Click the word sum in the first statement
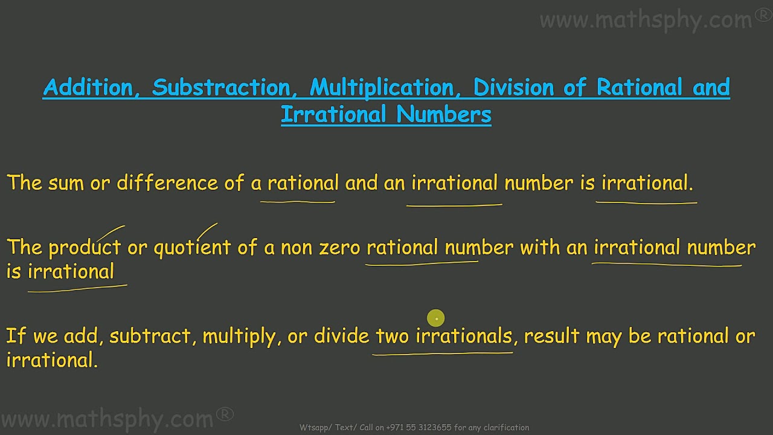coord(66,183)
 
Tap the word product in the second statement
coord(85,248)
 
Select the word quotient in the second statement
coord(192,248)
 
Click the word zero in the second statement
coord(339,248)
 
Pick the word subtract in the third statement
coord(150,336)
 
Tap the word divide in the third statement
coord(341,336)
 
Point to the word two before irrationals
coord(393,336)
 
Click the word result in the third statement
coord(551,336)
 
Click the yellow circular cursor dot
coord(435,318)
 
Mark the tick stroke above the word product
coord(111,233)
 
